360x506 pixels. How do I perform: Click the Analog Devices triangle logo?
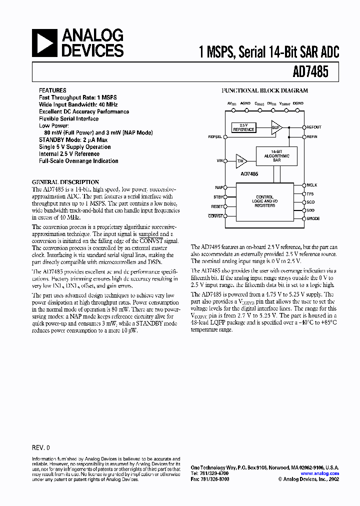45,43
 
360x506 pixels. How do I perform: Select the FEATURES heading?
52,90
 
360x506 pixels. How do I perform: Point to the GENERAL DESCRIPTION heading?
65,182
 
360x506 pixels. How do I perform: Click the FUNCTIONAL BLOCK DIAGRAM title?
264,90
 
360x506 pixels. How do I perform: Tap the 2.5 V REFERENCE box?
243,127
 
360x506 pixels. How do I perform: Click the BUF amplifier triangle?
276,127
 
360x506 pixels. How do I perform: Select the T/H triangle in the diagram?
241,161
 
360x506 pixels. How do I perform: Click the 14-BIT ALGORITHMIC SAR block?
276,156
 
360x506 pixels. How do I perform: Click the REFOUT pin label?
314,127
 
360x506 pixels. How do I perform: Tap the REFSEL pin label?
215,136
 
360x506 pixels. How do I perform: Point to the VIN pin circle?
225,161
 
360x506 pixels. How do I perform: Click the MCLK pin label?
312,185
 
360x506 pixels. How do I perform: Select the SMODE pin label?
313,218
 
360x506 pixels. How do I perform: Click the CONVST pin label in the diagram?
215,215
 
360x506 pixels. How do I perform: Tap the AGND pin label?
245,103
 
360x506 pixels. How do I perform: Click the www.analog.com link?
320,473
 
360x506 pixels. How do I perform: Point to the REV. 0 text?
41,447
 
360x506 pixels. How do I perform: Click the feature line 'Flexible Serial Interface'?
68,119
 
